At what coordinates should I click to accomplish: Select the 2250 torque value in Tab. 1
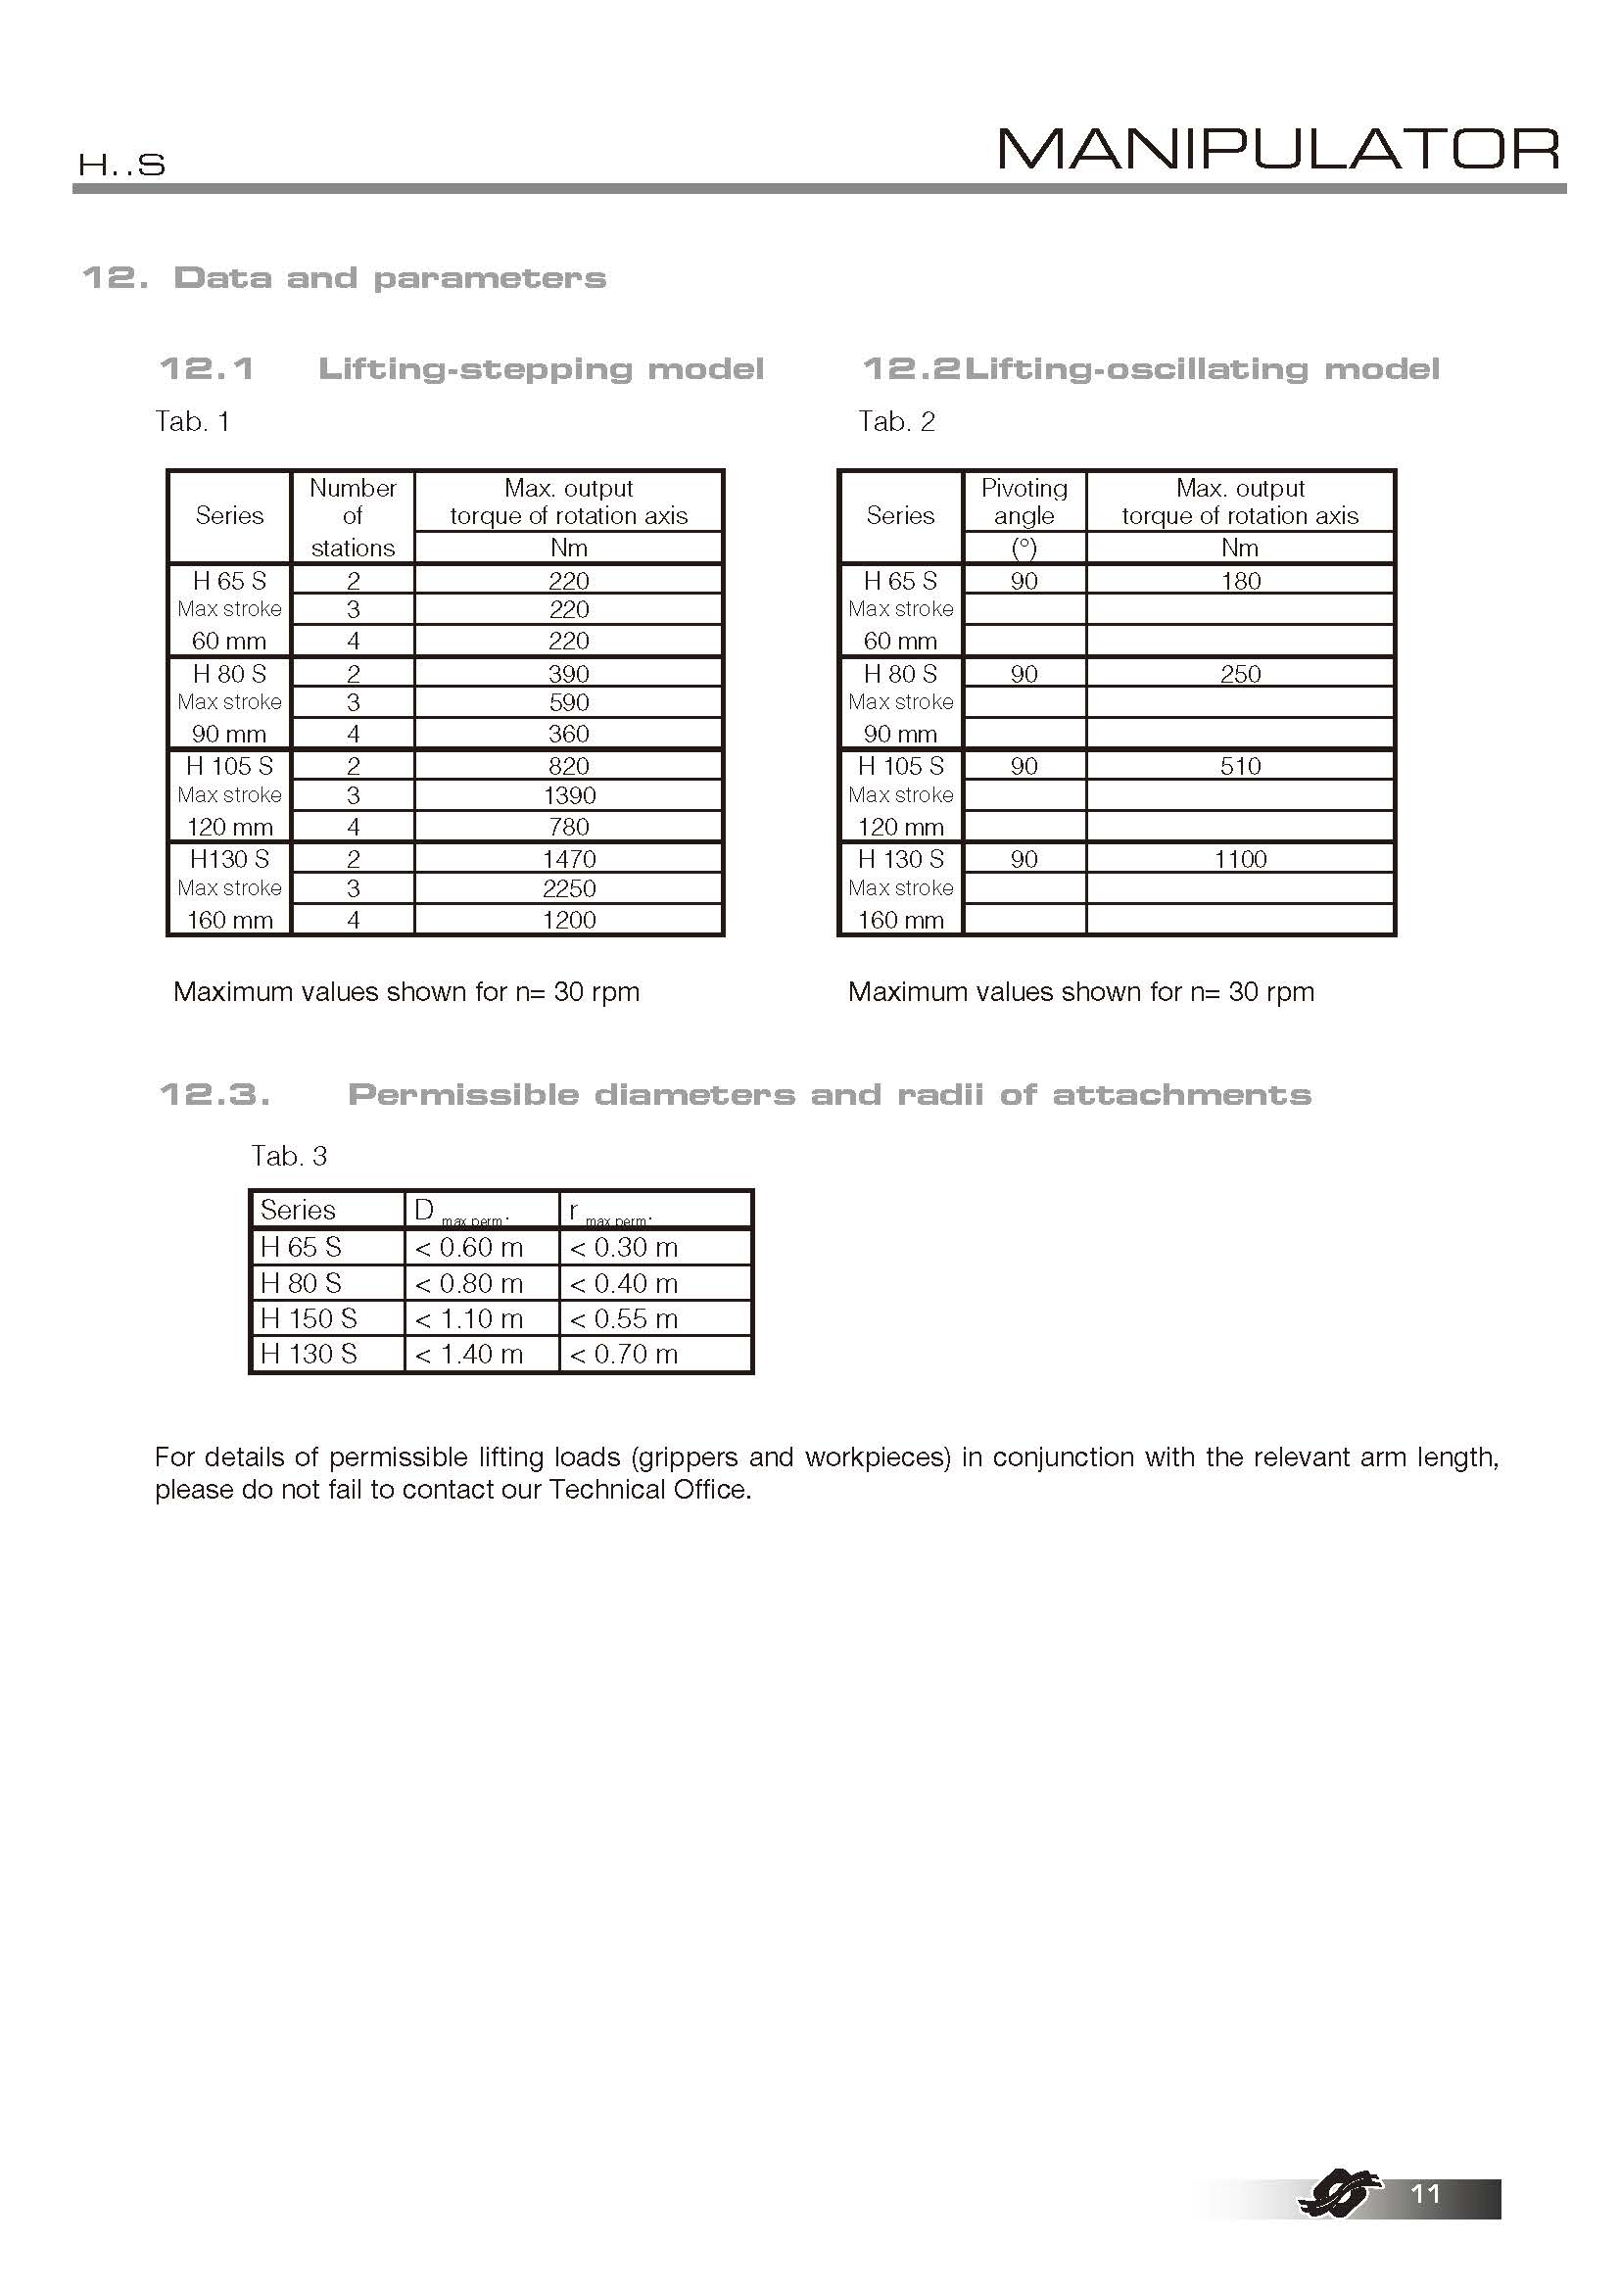tap(569, 888)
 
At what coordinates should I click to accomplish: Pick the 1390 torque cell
tap(569, 795)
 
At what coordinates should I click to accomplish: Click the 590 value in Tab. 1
tap(569, 702)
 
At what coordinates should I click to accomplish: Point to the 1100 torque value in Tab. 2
tap(1240, 859)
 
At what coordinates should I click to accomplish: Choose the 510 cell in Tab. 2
tap(1240, 766)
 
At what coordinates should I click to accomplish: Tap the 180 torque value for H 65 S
tap(1240, 581)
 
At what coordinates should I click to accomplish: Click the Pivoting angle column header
tap(1024, 501)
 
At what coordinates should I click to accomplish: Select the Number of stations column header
tap(353, 517)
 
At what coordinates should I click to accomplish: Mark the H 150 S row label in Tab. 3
tap(309, 1318)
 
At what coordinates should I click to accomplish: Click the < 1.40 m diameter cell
tap(469, 1354)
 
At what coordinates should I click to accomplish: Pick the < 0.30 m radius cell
tap(624, 1247)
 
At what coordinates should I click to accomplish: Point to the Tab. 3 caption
tap(288, 1156)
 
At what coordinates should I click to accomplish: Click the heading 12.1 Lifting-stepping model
tap(461, 369)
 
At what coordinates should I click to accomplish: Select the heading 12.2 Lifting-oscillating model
tap(1150, 369)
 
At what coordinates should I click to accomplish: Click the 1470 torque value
tap(569, 859)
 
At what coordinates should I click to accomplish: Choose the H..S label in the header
tap(121, 166)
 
